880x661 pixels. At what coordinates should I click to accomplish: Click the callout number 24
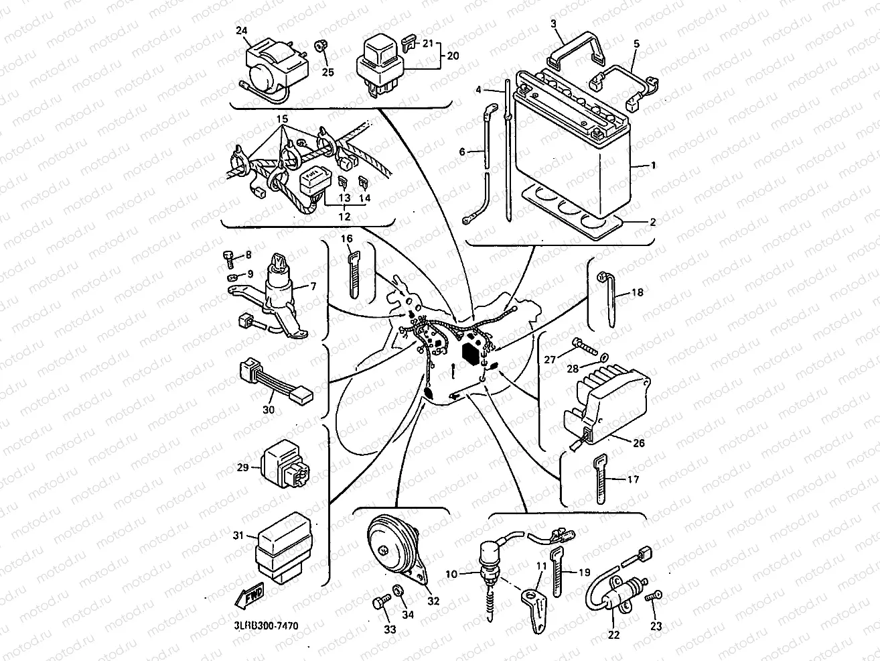(242, 30)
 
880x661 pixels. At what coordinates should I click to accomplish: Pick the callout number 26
(639, 442)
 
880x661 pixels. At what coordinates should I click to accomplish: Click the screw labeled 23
(656, 595)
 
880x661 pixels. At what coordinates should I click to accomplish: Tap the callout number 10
(451, 574)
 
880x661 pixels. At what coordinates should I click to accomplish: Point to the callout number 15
(283, 119)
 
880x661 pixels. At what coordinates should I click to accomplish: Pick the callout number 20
(453, 57)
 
